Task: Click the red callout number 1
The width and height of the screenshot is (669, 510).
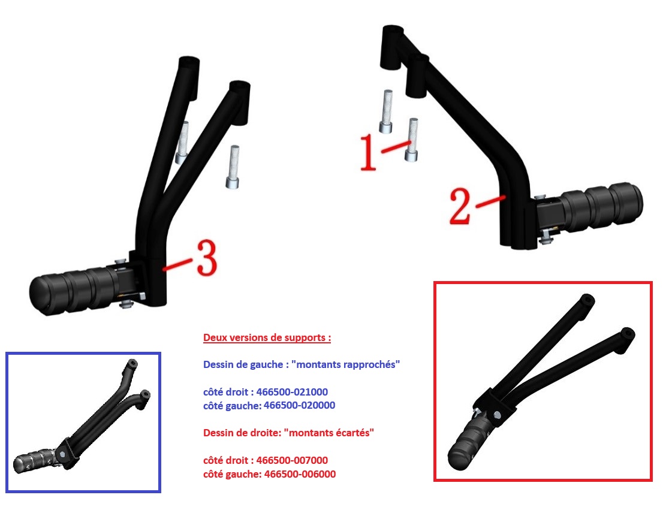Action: point(369,152)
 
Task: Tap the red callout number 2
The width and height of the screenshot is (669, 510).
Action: point(460,206)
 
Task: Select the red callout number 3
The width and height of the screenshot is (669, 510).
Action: point(207,257)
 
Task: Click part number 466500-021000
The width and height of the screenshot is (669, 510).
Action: point(292,392)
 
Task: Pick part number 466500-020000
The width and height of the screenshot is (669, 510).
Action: point(300,405)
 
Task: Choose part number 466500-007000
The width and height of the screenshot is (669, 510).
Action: point(292,460)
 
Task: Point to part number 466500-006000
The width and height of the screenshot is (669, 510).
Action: point(300,474)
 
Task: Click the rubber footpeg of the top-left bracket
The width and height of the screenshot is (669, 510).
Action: point(73,291)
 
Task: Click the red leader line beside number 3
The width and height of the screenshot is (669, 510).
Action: point(177,264)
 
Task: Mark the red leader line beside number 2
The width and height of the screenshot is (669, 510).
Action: point(490,202)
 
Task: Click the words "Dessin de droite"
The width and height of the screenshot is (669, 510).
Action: point(241,433)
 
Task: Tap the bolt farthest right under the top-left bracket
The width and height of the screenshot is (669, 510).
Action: point(233,167)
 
